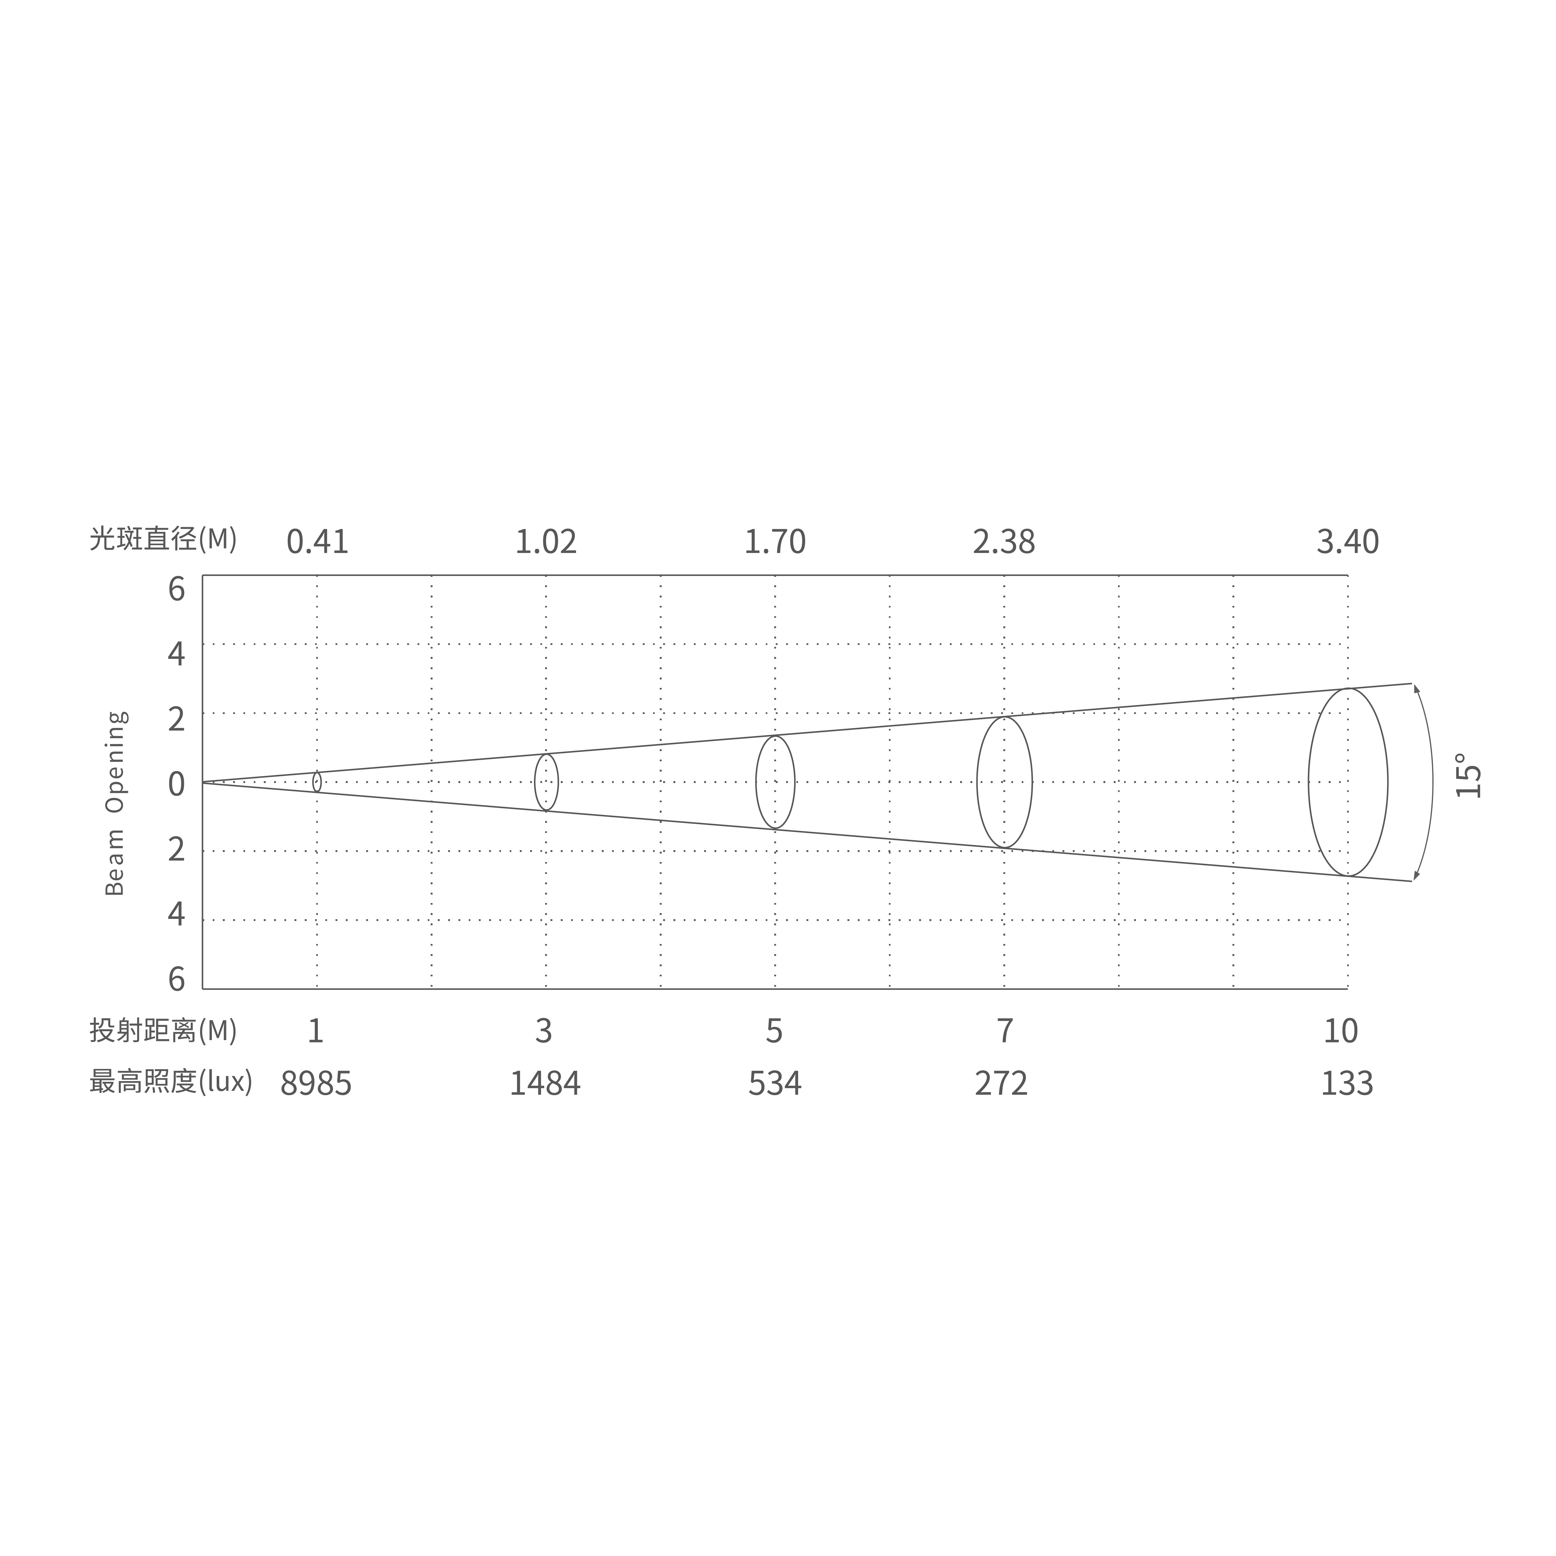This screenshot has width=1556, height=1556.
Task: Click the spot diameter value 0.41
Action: click(x=317, y=542)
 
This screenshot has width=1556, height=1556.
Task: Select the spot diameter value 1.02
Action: click(x=546, y=542)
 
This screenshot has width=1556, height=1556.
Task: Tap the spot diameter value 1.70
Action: click(x=775, y=542)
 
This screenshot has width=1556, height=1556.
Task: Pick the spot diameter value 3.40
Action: click(x=1347, y=542)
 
